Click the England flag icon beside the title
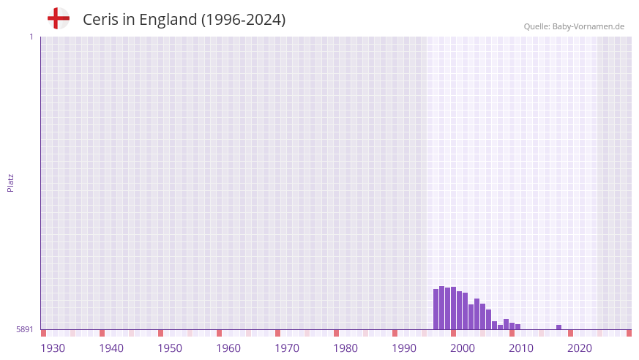tap(58, 18)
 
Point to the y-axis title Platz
tap(10, 183)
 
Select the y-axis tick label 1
tap(31, 37)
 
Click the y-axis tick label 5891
tap(25, 330)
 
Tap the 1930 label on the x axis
tap(53, 348)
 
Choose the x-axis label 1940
tap(111, 348)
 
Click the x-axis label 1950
tap(170, 348)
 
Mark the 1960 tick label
tap(228, 348)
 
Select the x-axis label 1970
tap(287, 348)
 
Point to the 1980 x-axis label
tap(345, 348)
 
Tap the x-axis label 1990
tap(404, 348)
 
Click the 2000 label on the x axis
tap(463, 348)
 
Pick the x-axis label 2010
tap(521, 348)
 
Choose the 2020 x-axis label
tap(580, 348)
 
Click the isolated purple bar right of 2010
tap(559, 327)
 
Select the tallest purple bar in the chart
tap(442, 308)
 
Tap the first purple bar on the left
tap(436, 310)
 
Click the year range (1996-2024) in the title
tap(243, 20)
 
